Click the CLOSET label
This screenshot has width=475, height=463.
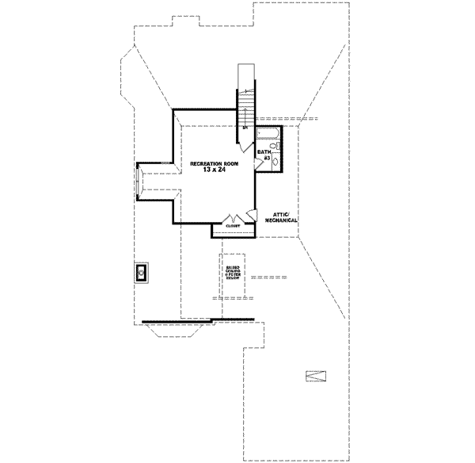(233, 227)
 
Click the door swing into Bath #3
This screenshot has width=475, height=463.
(260, 164)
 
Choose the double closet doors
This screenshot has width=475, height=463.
(233, 217)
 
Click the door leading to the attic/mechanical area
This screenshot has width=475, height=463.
(251, 214)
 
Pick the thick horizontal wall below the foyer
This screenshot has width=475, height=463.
(198, 320)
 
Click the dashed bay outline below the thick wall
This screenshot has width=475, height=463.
(182, 331)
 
